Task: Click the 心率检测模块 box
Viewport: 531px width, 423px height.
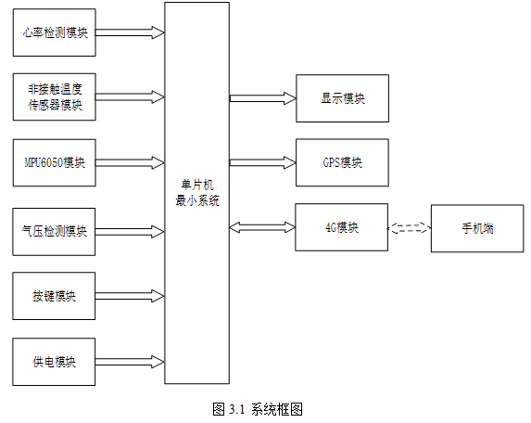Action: [54, 32]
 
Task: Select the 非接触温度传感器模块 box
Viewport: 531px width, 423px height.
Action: [54, 96]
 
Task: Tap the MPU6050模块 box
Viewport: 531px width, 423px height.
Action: [54, 162]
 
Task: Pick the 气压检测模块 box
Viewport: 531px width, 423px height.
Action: [54, 232]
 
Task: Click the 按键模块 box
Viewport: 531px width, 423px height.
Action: [54, 296]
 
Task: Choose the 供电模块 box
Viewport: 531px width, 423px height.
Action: [54, 362]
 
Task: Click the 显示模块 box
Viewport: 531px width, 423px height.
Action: [342, 98]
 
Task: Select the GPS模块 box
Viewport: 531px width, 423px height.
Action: [342, 162]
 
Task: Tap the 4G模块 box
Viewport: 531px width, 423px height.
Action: [341, 227]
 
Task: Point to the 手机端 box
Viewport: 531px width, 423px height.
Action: [477, 228]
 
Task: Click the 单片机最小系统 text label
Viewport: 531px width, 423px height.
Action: [197, 193]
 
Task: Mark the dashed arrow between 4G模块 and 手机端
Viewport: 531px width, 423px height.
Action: [410, 228]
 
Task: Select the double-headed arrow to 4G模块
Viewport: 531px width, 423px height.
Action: [262, 227]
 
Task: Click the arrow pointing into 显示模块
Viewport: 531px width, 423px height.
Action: [263, 98]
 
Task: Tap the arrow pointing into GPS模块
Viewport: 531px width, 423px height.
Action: [263, 162]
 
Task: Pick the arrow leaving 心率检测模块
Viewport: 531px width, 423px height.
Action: [130, 32]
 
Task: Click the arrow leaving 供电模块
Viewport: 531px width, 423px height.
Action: [130, 362]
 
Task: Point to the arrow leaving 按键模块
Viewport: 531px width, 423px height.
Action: [130, 296]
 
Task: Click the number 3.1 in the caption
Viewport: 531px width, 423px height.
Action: [236, 409]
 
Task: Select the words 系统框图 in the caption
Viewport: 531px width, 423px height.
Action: [277, 409]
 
